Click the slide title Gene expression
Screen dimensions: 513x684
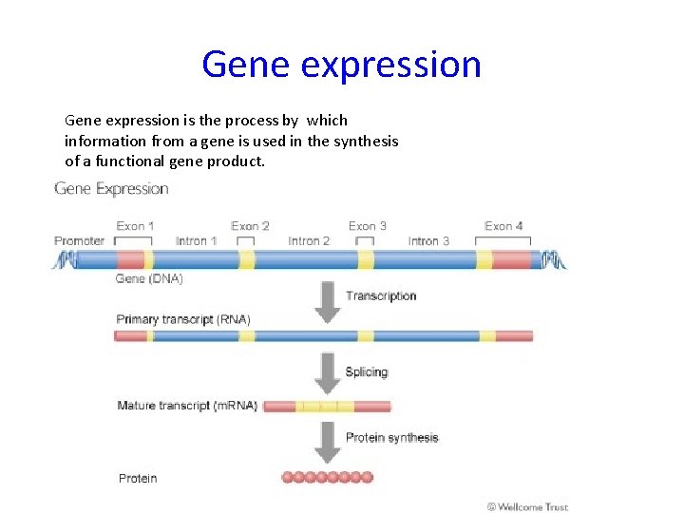[341, 65]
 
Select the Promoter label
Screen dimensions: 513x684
[79, 241]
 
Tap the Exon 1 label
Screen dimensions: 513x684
[136, 226]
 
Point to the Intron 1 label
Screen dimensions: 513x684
[197, 241]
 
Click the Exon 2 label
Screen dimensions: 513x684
[250, 226]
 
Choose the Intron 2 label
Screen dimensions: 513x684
[309, 241]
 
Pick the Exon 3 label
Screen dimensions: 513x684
[368, 226]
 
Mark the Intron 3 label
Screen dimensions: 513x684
[428, 241]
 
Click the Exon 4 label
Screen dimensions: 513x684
[503, 226]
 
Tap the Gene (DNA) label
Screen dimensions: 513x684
[149, 278]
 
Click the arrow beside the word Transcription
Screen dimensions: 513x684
[328, 299]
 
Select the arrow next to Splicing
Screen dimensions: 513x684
[328, 373]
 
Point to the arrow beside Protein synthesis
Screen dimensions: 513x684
[328, 443]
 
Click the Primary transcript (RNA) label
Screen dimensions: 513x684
[183, 319]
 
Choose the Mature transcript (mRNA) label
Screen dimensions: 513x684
[187, 406]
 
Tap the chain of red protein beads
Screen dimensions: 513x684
[328, 477]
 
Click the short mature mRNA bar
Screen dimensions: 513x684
[327, 407]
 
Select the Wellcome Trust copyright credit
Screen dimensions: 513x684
[527, 506]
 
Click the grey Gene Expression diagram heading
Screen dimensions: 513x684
[111, 189]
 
